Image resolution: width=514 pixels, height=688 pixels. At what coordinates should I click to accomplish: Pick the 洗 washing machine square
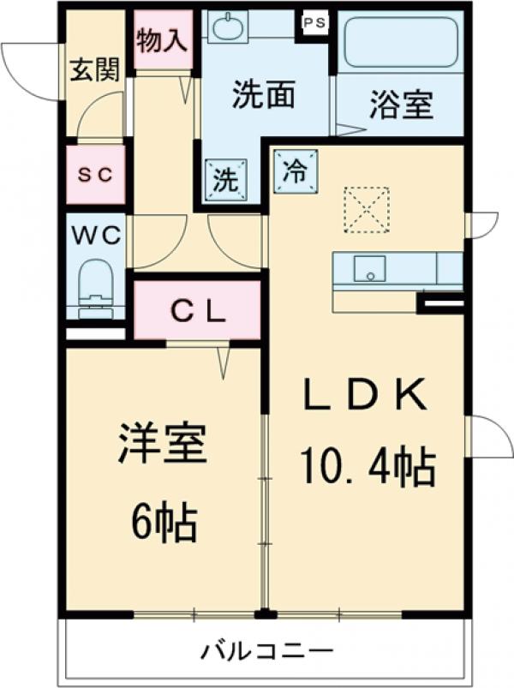click(x=225, y=180)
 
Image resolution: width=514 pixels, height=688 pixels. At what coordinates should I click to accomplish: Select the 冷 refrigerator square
click(x=295, y=170)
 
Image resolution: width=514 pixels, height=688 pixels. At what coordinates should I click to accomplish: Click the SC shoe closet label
click(x=96, y=175)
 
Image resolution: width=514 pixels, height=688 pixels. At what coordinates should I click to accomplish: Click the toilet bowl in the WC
click(x=95, y=285)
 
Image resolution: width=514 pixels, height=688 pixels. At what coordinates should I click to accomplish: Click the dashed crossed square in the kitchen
click(x=366, y=209)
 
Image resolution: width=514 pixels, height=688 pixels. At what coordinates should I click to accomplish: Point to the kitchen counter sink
click(x=371, y=270)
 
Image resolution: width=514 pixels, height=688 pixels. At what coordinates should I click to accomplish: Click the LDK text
click(x=366, y=395)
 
